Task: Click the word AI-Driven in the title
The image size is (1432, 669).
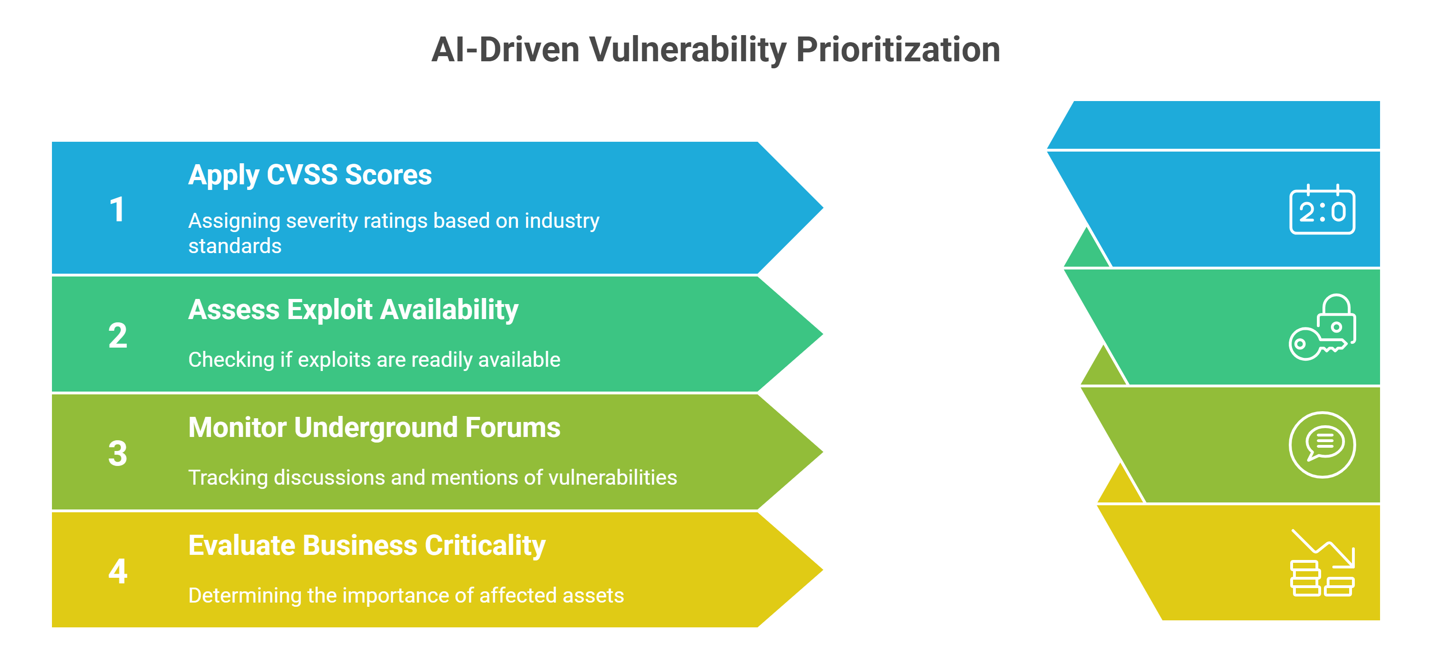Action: point(505,50)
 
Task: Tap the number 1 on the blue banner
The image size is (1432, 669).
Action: point(117,210)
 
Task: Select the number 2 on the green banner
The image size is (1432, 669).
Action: point(118,335)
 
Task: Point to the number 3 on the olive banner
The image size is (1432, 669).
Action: point(118,453)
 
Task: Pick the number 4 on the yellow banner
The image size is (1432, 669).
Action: point(118,571)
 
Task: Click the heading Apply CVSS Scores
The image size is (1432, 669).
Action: point(310,175)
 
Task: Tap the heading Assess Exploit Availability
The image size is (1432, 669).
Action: point(353,310)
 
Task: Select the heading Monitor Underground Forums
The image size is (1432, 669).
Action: point(374,428)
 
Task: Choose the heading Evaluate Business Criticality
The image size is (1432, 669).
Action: point(367,545)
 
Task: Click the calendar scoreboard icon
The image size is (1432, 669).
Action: point(1322,210)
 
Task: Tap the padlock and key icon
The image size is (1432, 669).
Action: point(1322,327)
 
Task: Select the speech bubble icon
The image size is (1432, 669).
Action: point(1322,445)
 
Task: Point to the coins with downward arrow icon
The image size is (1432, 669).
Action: point(1322,563)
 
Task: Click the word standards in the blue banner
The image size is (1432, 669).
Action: point(235,246)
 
